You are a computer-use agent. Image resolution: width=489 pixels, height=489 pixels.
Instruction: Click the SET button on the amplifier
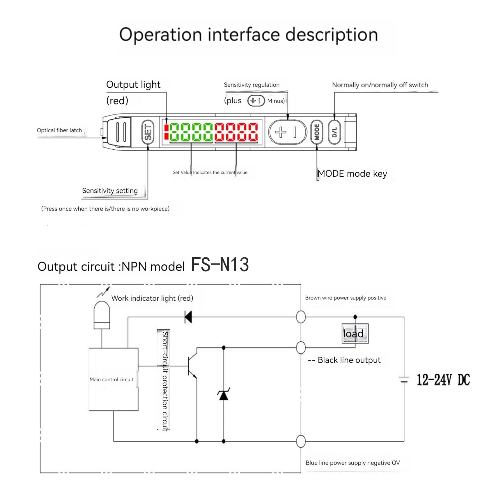[148, 132]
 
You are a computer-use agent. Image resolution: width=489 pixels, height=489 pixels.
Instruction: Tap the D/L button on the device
[334, 132]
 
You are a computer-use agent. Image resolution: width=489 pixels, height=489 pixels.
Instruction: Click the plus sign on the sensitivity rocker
[281, 132]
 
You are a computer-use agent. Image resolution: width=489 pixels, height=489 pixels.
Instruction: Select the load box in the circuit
[355, 334]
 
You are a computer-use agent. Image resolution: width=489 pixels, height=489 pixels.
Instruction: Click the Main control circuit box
[113, 379]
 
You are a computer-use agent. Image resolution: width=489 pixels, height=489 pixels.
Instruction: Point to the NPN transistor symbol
[192, 366]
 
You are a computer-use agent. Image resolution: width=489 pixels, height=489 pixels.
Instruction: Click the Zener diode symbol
[224, 395]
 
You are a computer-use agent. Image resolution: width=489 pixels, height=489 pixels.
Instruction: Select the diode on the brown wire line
[188, 317]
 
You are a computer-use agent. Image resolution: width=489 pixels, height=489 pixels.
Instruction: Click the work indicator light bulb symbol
[102, 315]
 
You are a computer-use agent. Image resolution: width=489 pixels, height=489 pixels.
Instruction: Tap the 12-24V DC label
[443, 380]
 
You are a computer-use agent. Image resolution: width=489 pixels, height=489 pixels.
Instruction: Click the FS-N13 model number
[220, 265]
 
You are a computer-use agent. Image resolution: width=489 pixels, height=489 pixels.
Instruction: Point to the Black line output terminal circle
[301, 348]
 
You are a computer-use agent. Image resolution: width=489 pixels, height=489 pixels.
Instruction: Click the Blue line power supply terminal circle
[301, 441]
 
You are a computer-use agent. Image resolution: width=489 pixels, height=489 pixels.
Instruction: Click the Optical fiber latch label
[59, 130]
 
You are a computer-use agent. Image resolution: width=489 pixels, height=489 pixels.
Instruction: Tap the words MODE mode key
[352, 174]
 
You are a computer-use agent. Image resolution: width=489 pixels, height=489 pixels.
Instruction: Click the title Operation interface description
[248, 35]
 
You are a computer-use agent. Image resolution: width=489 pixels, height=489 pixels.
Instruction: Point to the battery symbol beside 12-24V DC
[404, 380]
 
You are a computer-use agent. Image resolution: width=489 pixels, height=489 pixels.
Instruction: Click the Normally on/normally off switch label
[380, 85]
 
